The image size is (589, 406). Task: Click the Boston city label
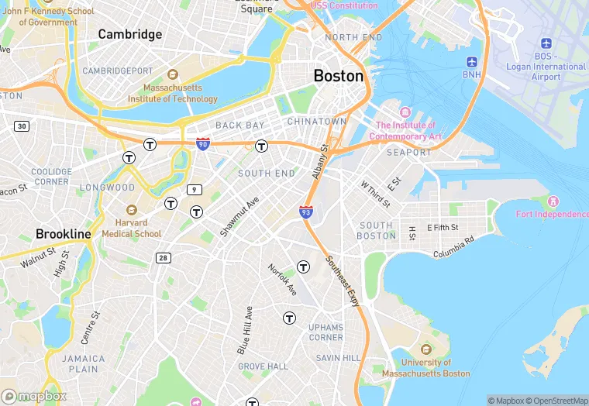click(x=339, y=76)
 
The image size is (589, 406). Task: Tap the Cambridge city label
click(x=130, y=34)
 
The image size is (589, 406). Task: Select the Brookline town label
click(x=64, y=233)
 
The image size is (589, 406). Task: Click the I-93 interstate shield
click(x=306, y=211)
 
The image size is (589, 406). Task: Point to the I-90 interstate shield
click(x=202, y=144)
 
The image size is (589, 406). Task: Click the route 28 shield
click(x=163, y=257)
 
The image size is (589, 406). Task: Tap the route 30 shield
click(x=22, y=126)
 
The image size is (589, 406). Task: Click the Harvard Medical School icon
click(x=131, y=210)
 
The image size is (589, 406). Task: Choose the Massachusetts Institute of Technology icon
click(x=173, y=75)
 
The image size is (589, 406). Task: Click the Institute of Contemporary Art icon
click(x=405, y=113)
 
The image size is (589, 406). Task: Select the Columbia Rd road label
click(x=453, y=248)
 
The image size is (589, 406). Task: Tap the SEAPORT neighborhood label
click(x=408, y=153)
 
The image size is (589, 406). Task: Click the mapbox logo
click(x=34, y=395)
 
